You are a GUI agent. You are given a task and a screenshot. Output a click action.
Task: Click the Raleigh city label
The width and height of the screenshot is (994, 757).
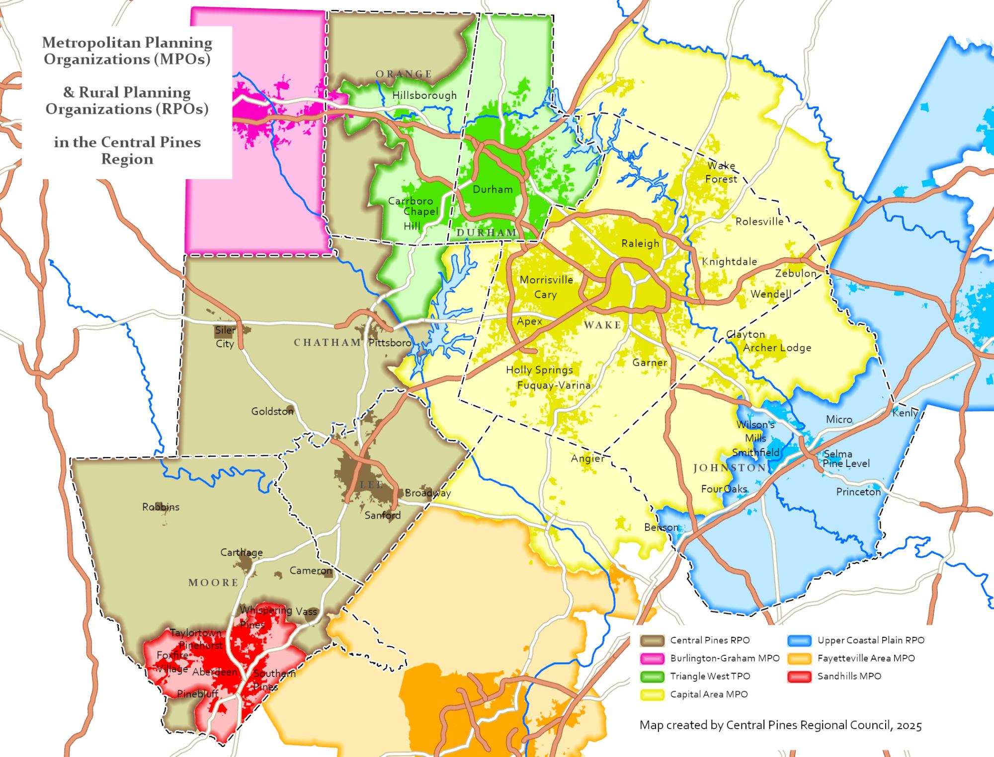640,243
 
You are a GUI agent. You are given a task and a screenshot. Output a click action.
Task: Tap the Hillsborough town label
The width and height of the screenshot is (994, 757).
424,95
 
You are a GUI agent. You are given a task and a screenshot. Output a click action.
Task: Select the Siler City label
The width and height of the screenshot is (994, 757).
225,337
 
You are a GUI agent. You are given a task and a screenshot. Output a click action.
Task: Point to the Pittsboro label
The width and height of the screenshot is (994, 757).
390,343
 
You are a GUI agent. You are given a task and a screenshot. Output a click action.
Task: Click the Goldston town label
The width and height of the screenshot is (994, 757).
272,411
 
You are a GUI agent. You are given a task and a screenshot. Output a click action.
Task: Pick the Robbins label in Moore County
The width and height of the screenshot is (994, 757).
161,507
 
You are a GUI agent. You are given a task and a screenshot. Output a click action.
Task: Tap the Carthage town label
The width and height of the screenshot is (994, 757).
242,552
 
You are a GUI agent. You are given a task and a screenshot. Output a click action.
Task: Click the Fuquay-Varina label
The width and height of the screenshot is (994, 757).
554,385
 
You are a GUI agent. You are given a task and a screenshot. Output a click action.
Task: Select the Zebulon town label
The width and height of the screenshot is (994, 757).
795,273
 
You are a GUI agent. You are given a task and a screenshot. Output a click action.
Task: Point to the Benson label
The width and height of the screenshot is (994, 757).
661,527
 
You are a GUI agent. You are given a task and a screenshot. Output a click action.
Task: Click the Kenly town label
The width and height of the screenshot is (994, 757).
905,413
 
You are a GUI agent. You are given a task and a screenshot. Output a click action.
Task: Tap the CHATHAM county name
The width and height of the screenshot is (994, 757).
327,342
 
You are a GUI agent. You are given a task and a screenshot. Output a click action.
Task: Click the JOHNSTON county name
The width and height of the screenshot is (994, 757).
729,468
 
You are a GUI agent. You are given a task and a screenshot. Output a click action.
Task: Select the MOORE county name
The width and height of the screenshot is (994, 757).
213,582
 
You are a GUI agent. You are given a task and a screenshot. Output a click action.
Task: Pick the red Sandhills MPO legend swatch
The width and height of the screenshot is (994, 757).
799,676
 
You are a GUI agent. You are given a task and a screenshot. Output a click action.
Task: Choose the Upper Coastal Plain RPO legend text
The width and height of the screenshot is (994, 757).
871,640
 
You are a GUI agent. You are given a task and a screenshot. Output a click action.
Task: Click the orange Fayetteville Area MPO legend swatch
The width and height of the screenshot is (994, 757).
799,658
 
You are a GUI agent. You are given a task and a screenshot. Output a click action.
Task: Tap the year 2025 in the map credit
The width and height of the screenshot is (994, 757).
909,725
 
